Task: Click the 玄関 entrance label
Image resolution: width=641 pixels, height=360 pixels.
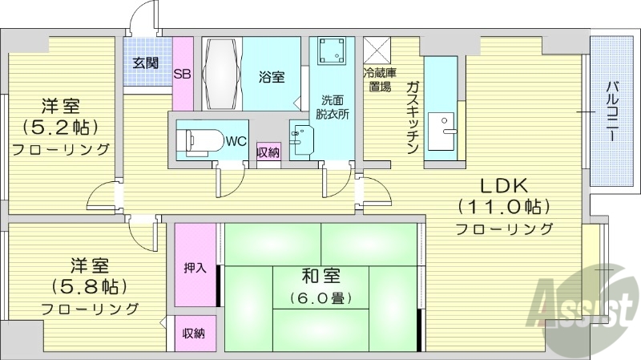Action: click(x=145, y=63)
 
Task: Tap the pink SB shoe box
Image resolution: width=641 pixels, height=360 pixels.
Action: click(x=183, y=73)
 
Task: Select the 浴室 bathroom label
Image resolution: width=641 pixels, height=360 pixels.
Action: click(x=271, y=78)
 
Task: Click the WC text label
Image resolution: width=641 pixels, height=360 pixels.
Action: click(x=236, y=141)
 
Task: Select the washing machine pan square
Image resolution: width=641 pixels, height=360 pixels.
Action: click(x=330, y=52)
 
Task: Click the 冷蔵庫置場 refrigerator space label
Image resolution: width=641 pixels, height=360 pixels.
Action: click(x=377, y=80)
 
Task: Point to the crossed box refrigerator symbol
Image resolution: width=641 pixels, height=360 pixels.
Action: click(x=377, y=50)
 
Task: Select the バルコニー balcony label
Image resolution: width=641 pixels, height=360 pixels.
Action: click(x=612, y=111)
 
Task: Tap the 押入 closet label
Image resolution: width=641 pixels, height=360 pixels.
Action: click(x=194, y=268)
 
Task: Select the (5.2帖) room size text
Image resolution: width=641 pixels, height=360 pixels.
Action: click(x=61, y=126)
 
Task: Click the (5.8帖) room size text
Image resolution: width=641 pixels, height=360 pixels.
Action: click(x=89, y=285)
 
